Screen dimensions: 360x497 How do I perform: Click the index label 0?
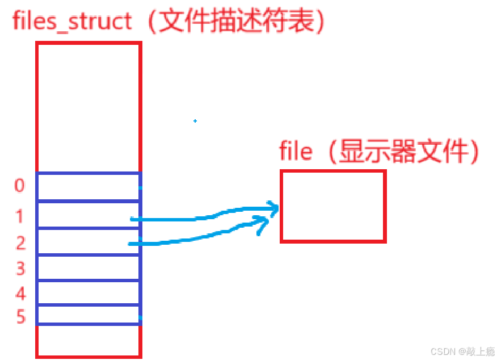tap(20, 186)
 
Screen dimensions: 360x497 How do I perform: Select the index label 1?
tap(20, 216)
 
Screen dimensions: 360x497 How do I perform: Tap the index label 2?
tap(20, 243)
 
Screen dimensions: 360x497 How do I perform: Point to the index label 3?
tap(20, 268)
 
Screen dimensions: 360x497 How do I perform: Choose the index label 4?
tap(20, 294)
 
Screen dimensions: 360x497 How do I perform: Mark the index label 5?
tap(20, 316)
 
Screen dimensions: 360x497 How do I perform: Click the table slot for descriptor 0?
tap(89, 187)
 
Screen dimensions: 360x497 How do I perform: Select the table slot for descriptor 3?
tap(89, 267)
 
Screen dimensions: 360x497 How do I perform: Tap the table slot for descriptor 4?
tap(89, 292)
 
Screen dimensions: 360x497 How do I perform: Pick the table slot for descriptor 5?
tap(89, 315)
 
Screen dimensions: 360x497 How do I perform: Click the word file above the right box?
tap(296, 152)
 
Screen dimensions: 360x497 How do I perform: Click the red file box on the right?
tap(333, 206)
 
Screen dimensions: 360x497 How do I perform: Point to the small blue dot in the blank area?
tap(195, 121)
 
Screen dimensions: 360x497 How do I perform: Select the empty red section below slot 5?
tap(89, 341)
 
